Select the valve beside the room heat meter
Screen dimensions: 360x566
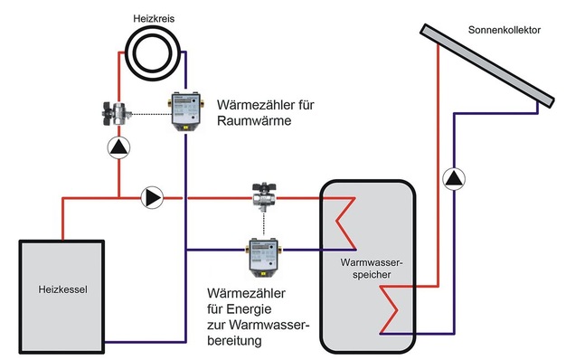[x=118, y=114]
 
